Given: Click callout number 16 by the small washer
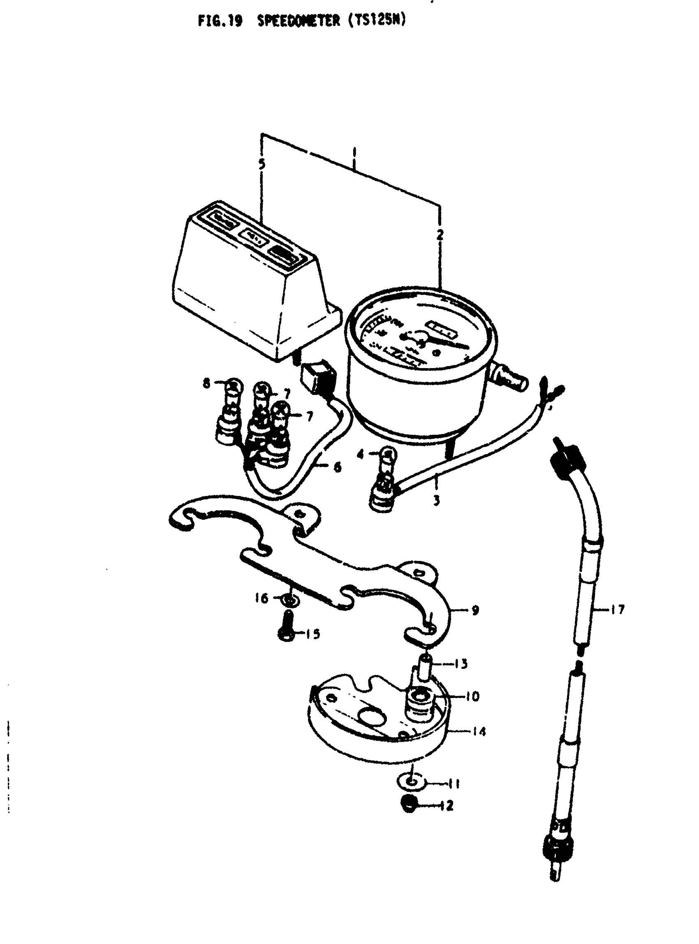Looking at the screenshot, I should point(262,598).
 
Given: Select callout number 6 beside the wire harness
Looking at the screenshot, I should point(337,467).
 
